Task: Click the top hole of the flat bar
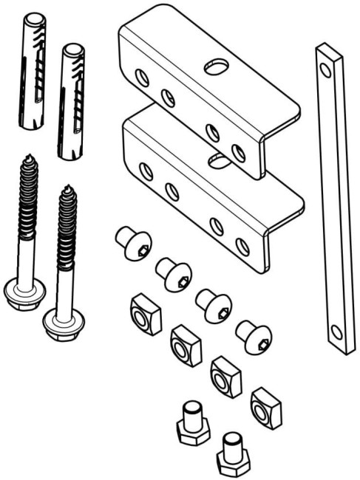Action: pos(323,69)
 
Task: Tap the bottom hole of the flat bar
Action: pos(337,332)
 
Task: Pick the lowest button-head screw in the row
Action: pos(254,336)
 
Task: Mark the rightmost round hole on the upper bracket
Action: pos(238,153)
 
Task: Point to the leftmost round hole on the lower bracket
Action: pos(147,172)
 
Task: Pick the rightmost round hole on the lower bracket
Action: pos(242,247)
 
